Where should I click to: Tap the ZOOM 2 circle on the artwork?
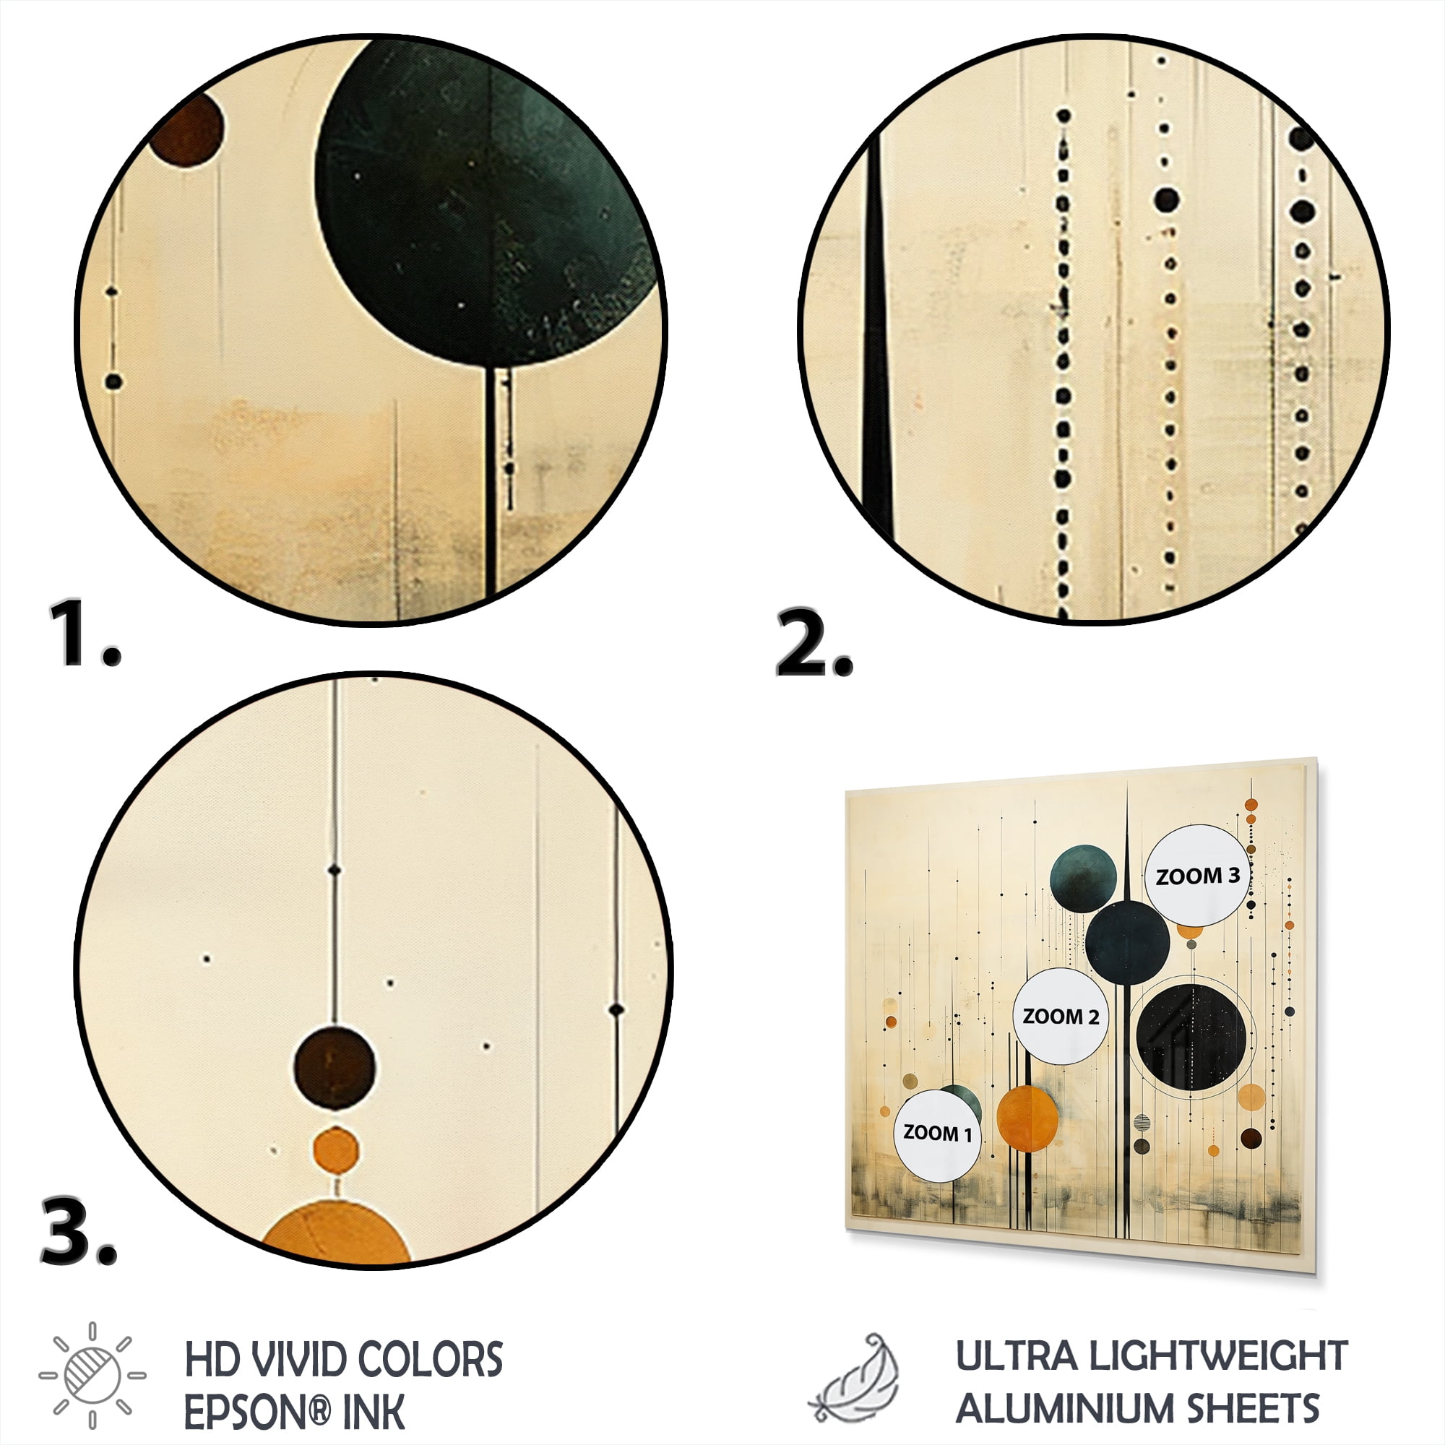[1061, 1016]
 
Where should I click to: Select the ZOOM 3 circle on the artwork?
[1198, 875]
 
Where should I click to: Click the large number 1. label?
[85, 633]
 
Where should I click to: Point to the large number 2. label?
[814, 643]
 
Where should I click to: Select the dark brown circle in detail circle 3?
[335, 1066]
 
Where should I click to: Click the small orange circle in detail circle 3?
[335, 1149]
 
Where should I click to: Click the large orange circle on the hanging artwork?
[1027, 1118]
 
